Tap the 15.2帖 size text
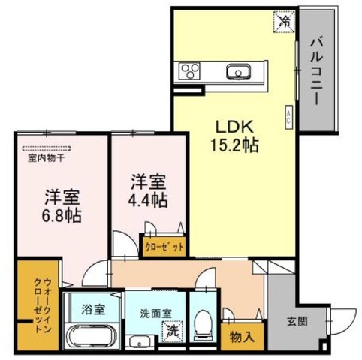pos(234,145)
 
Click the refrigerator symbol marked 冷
pos(284,22)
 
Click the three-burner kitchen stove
pos(191,72)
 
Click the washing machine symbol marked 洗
pos(172,330)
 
